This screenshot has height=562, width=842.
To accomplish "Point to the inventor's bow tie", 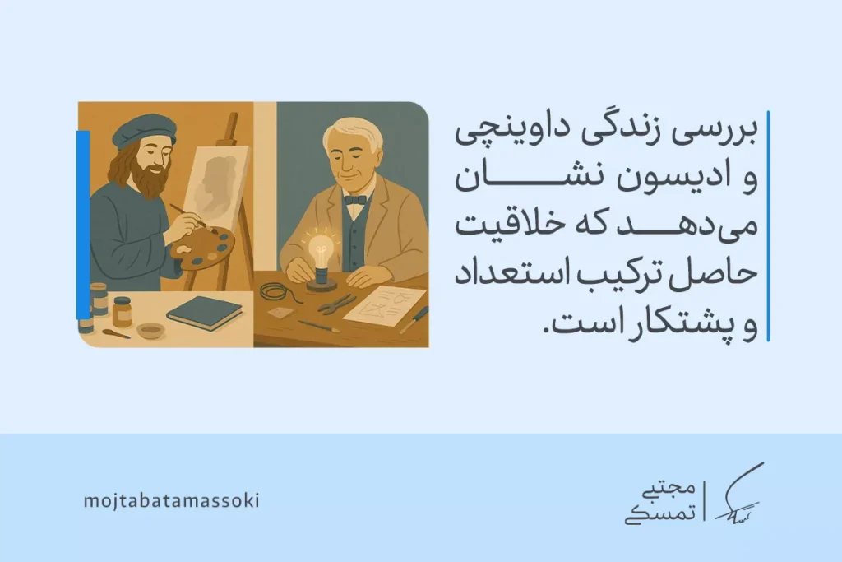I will [355, 200].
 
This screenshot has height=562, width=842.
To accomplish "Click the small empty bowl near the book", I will [150, 331].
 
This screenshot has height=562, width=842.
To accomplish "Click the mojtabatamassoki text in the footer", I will [171, 500].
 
